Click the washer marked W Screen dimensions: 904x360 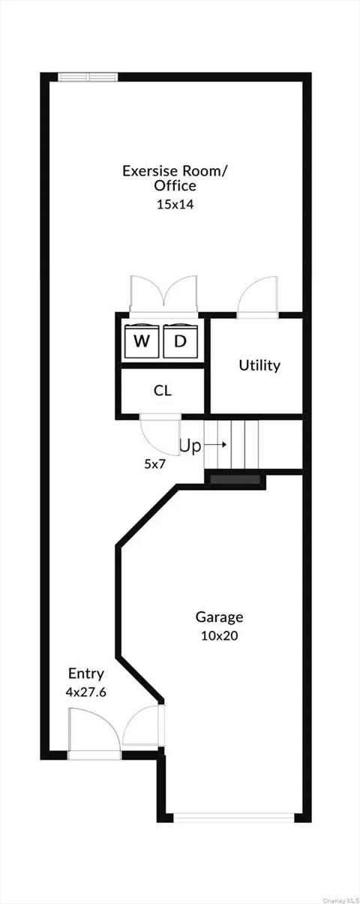141,341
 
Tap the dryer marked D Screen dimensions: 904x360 180,341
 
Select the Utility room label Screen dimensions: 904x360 259,365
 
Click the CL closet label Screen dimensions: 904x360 163,390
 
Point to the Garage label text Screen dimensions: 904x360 219,617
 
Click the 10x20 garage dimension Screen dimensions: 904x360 219,635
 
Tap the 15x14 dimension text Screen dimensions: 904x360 175,203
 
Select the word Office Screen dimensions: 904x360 175,186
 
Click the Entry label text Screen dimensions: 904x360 86,674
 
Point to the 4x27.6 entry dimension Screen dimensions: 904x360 86,692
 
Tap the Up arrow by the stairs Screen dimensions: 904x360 216,446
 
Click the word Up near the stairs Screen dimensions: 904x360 190,446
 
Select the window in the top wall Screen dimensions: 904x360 88,76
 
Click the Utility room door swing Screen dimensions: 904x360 257,298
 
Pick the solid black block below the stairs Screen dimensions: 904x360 235,479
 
